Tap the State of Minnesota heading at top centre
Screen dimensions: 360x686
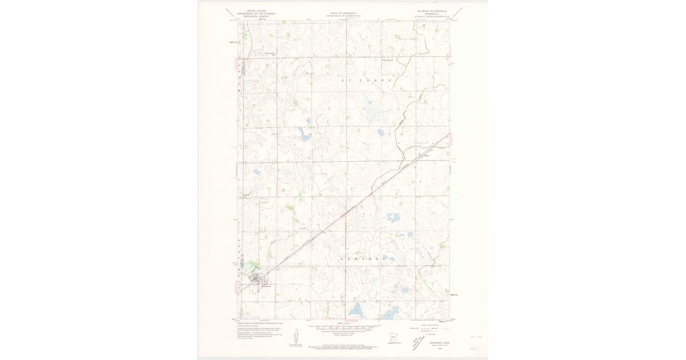(343, 13)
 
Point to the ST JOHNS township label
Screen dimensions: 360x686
(366, 81)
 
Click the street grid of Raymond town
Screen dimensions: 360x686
(256, 279)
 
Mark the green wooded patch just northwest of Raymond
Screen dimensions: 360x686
(249, 266)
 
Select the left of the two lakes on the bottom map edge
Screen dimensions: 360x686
(357, 311)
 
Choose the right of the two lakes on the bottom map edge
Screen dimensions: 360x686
(390, 313)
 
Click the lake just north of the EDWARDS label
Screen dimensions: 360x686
(393, 218)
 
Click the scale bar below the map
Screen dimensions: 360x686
(343, 328)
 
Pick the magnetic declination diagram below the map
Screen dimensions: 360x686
(296, 337)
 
